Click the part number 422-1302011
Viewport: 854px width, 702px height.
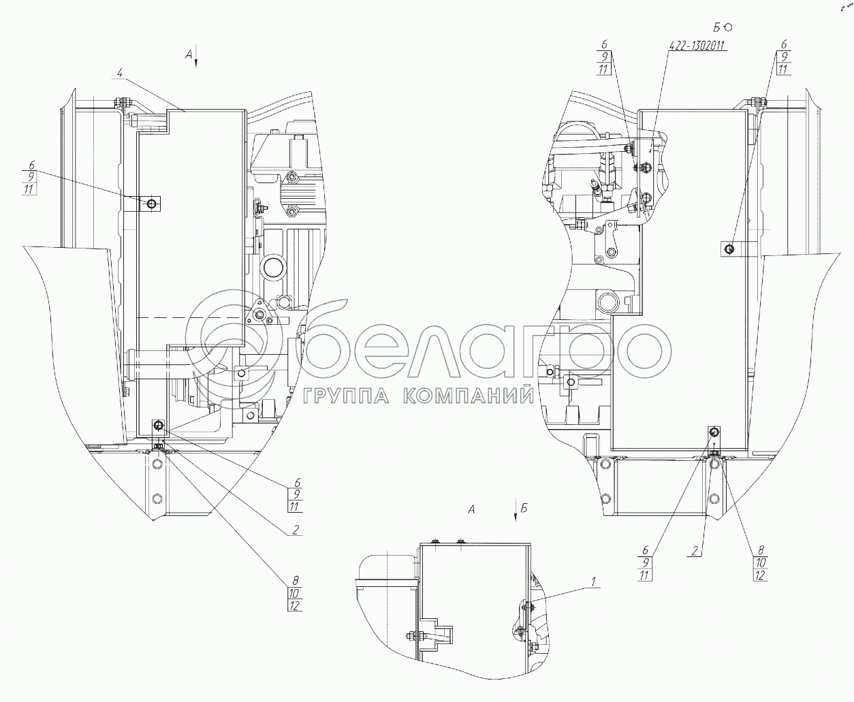coord(696,46)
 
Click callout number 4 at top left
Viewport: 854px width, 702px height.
coord(119,73)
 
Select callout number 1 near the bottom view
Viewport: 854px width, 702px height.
coord(593,581)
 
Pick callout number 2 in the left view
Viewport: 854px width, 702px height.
coord(296,530)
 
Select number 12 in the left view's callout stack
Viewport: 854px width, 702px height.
coord(294,605)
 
